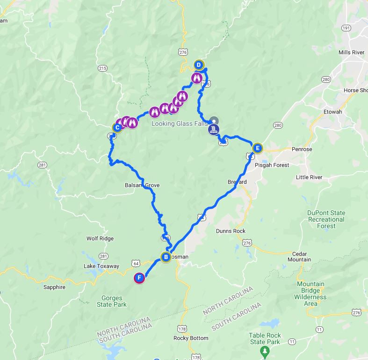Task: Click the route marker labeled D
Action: coord(198,65)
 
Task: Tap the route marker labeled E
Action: coord(257,148)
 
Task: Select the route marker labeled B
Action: coord(166,257)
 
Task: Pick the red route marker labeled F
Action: coord(139,278)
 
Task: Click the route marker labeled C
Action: coord(117,127)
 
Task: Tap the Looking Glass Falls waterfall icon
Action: coord(214,129)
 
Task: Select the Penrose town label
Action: coord(302,149)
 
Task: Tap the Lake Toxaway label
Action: coord(101,266)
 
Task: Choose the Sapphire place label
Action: coord(54,287)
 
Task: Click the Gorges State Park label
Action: coord(111,301)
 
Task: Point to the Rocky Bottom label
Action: coord(190,338)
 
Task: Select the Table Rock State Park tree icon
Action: coord(265,350)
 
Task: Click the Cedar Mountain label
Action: coord(299,256)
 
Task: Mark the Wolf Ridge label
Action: coord(100,238)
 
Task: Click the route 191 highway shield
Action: coord(346,29)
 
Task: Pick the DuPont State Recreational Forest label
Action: coord(326,219)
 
